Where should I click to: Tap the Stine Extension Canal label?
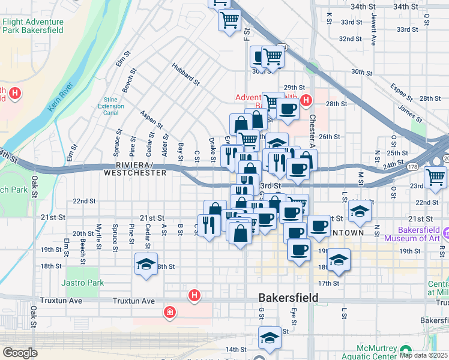[110, 106]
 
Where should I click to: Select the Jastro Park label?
[82, 283]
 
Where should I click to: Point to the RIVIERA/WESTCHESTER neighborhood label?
[134, 169]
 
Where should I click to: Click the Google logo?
[20, 353]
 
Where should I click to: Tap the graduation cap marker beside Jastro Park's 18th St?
[146, 265]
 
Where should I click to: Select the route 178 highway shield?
[412, 167]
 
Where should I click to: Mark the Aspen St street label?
[151, 119]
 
